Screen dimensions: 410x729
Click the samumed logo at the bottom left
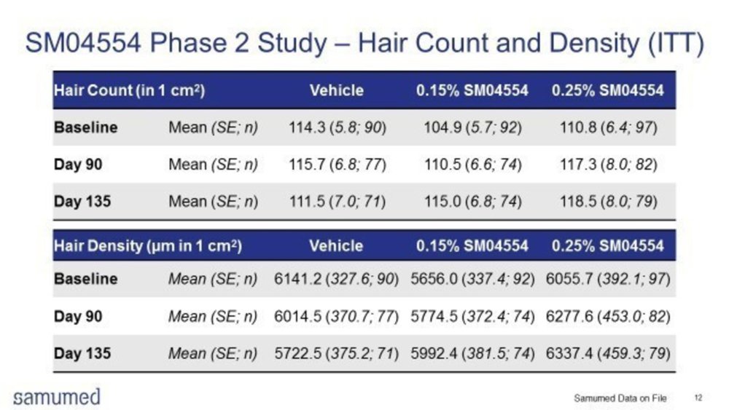(x=57, y=397)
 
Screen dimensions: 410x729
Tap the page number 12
(x=698, y=398)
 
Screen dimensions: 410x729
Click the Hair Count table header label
(x=128, y=91)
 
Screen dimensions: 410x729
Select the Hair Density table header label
(x=147, y=245)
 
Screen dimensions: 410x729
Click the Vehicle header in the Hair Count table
(x=336, y=91)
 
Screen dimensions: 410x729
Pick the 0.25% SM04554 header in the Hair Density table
(x=608, y=245)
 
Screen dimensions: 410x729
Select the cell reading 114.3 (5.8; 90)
(x=336, y=127)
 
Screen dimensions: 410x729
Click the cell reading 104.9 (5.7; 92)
(x=472, y=127)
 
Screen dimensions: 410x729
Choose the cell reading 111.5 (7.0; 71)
(x=336, y=201)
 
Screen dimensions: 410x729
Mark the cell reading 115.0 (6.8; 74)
(x=472, y=201)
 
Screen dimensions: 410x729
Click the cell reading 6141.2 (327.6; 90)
(x=336, y=279)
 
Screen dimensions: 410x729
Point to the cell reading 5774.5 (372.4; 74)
(x=472, y=317)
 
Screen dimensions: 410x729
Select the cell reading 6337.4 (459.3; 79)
(x=608, y=354)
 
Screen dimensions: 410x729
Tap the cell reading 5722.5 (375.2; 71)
(x=336, y=354)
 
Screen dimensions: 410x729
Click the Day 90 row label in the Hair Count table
(x=78, y=165)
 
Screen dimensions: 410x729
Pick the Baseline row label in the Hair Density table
(x=85, y=279)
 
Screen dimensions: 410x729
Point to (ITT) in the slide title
(x=674, y=44)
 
